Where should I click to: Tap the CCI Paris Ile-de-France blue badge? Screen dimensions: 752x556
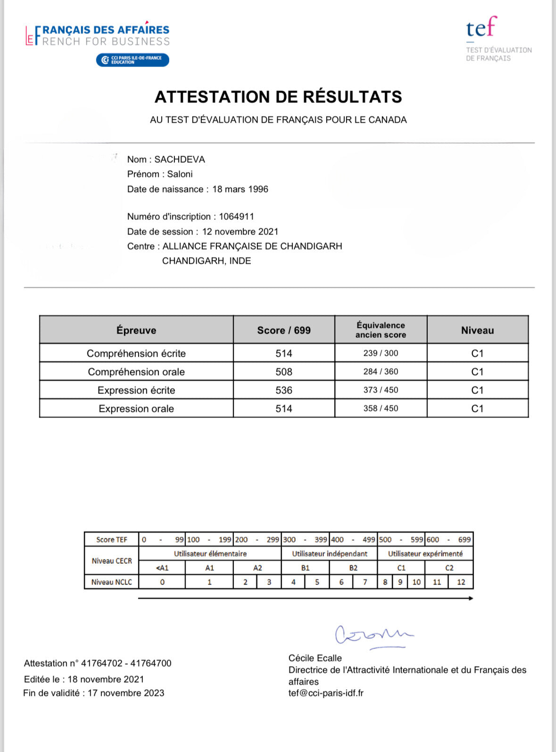[133, 60]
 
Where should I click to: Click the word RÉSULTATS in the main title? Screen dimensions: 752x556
[352, 97]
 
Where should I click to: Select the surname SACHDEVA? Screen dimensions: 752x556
[180, 159]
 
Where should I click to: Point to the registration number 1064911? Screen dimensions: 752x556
[236, 217]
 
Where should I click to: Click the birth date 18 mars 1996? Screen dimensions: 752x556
[240, 189]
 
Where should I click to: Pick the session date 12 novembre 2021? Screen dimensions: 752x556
[240, 232]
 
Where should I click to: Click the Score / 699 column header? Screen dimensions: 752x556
[284, 330]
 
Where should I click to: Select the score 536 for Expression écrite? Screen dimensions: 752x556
[284, 390]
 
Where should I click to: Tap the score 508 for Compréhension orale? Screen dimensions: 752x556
[284, 372]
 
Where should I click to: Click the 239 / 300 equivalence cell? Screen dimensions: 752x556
[381, 353]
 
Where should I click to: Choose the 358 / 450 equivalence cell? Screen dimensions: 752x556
[381, 409]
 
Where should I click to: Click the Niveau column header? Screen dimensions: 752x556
[477, 330]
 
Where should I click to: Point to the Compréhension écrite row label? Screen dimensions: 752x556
[136, 353]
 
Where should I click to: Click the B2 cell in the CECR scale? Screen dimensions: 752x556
[353, 568]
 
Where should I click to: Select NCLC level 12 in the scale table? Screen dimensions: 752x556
[461, 582]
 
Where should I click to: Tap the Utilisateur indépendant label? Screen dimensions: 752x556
[329, 554]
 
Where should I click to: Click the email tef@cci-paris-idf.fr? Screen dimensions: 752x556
[326, 693]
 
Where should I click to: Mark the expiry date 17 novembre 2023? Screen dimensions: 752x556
[126, 693]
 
